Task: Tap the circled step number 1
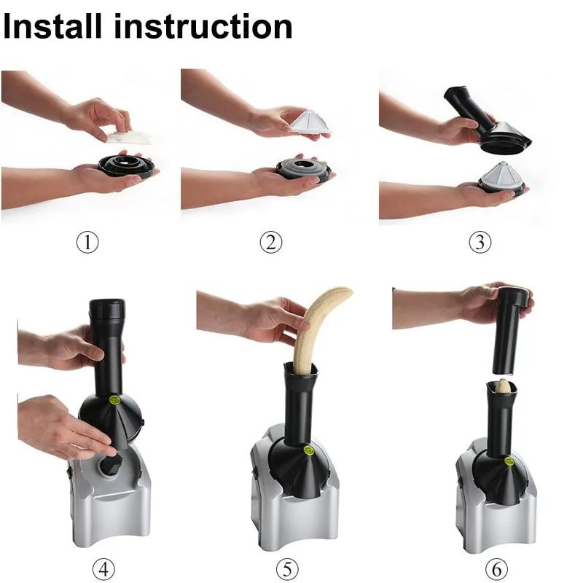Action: tap(87, 242)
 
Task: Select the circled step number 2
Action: tap(270, 242)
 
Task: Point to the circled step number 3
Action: tap(479, 242)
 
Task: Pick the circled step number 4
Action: tap(103, 568)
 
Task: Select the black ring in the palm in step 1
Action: tap(127, 165)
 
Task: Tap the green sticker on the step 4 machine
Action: tap(114, 399)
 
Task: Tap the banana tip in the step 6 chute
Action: tap(503, 386)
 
